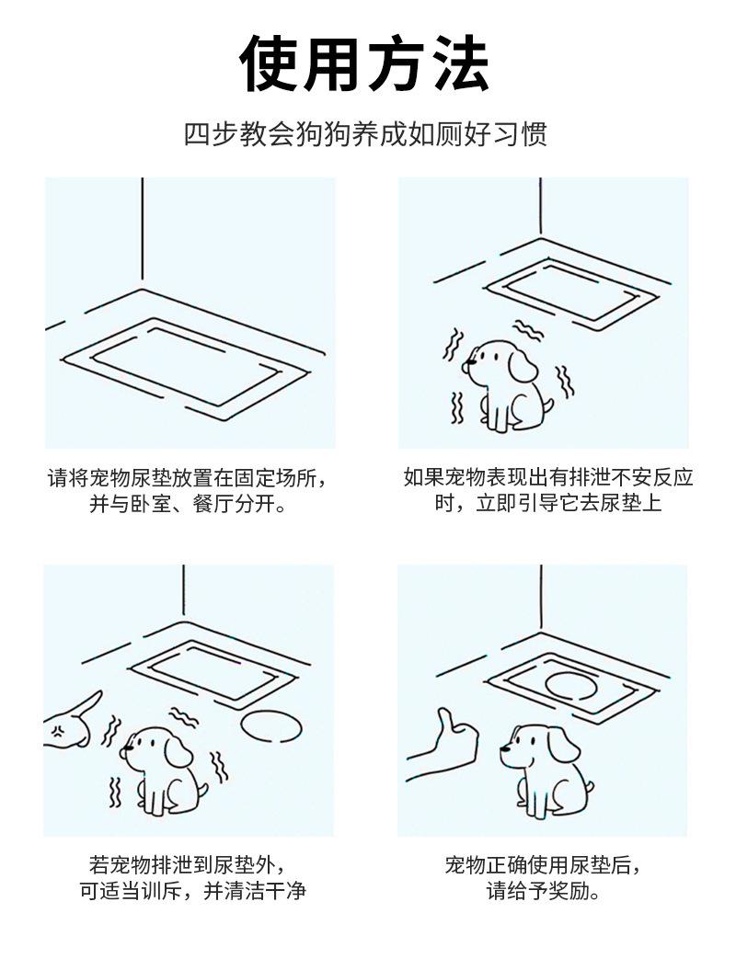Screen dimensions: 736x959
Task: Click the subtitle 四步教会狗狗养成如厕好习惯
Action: tap(365, 134)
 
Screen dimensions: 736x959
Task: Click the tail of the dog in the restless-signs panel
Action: tap(548, 407)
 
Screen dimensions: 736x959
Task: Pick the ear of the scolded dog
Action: tap(178, 752)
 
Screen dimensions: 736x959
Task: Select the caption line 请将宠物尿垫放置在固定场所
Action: tap(187, 478)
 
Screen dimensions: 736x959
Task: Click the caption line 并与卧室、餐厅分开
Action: tap(188, 505)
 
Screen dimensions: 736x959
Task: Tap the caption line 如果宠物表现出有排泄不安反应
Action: tap(547, 478)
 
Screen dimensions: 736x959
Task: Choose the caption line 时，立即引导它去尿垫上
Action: tap(547, 504)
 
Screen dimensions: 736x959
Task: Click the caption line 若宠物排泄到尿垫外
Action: tap(187, 865)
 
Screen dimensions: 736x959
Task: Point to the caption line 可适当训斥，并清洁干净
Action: tap(192, 891)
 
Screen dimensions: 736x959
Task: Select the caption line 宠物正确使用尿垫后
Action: tap(543, 865)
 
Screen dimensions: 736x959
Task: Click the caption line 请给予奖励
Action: tap(543, 891)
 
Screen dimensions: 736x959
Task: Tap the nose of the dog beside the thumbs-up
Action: tap(503, 747)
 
